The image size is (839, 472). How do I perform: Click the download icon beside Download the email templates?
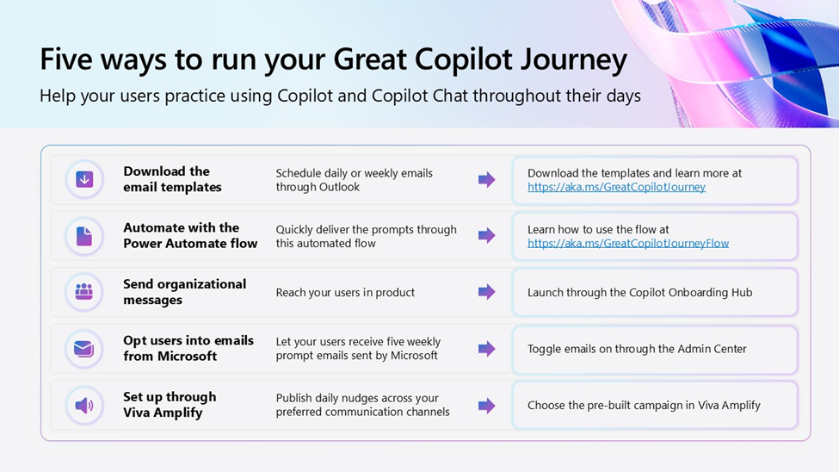coord(84,179)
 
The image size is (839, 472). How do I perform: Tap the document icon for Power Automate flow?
coord(84,236)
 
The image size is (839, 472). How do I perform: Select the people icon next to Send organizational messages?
coord(84,291)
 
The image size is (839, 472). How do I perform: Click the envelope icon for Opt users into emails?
coord(84,349)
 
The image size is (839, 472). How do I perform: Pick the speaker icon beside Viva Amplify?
coord(84,405)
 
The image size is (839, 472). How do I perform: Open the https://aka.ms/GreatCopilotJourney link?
coord(616,187)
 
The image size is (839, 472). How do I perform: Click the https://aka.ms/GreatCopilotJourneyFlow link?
coord(628,243)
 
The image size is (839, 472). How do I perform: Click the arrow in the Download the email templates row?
coord(486,179)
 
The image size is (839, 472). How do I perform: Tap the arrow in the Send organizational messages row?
coord(486,292)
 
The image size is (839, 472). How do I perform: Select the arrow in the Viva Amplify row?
coord(486,406)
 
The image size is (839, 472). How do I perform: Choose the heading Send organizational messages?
coord(185,292)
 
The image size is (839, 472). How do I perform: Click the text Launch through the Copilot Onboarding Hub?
coord(640,293)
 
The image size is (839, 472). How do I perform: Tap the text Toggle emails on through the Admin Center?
coord(637,349)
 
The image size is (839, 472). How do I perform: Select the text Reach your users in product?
coord(345,293)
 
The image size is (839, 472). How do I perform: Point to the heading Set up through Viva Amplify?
coord(170,405)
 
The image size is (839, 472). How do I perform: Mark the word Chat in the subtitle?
coord(450,96)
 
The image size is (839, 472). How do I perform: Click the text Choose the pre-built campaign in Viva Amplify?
coord(644,406)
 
